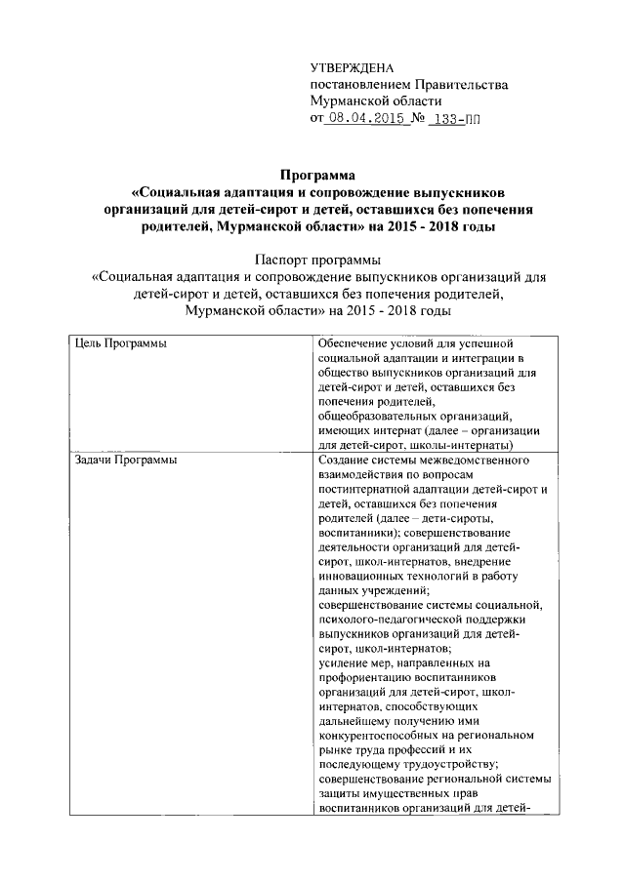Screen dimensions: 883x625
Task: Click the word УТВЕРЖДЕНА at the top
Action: click(352, 67)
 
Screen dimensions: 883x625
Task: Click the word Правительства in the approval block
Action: click(462, 85)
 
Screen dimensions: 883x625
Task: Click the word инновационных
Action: click(364, 575)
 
